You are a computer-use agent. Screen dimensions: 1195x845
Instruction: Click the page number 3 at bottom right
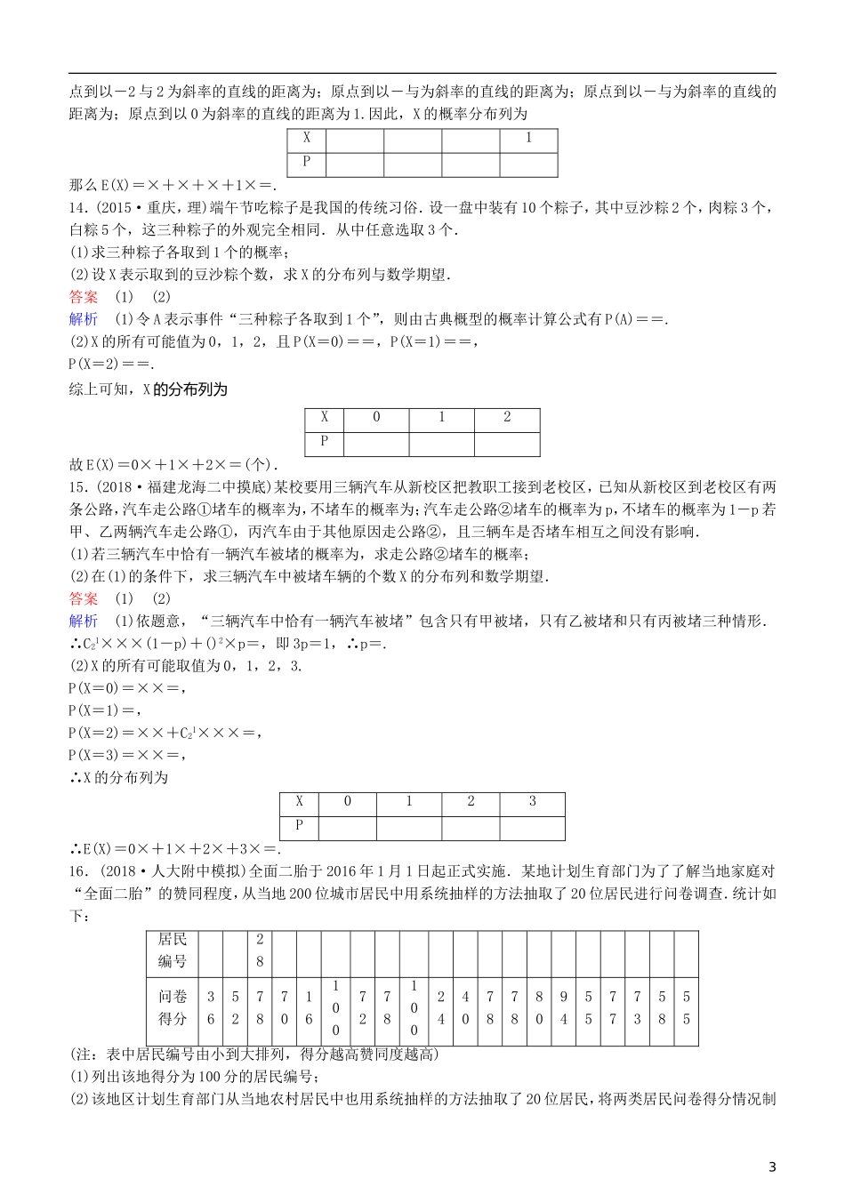[772, 1167]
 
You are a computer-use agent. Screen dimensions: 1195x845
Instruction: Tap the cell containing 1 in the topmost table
[528, 139]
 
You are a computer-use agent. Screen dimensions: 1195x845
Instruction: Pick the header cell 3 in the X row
[532, 801]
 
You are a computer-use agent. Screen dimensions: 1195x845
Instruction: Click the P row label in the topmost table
[307, 162]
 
